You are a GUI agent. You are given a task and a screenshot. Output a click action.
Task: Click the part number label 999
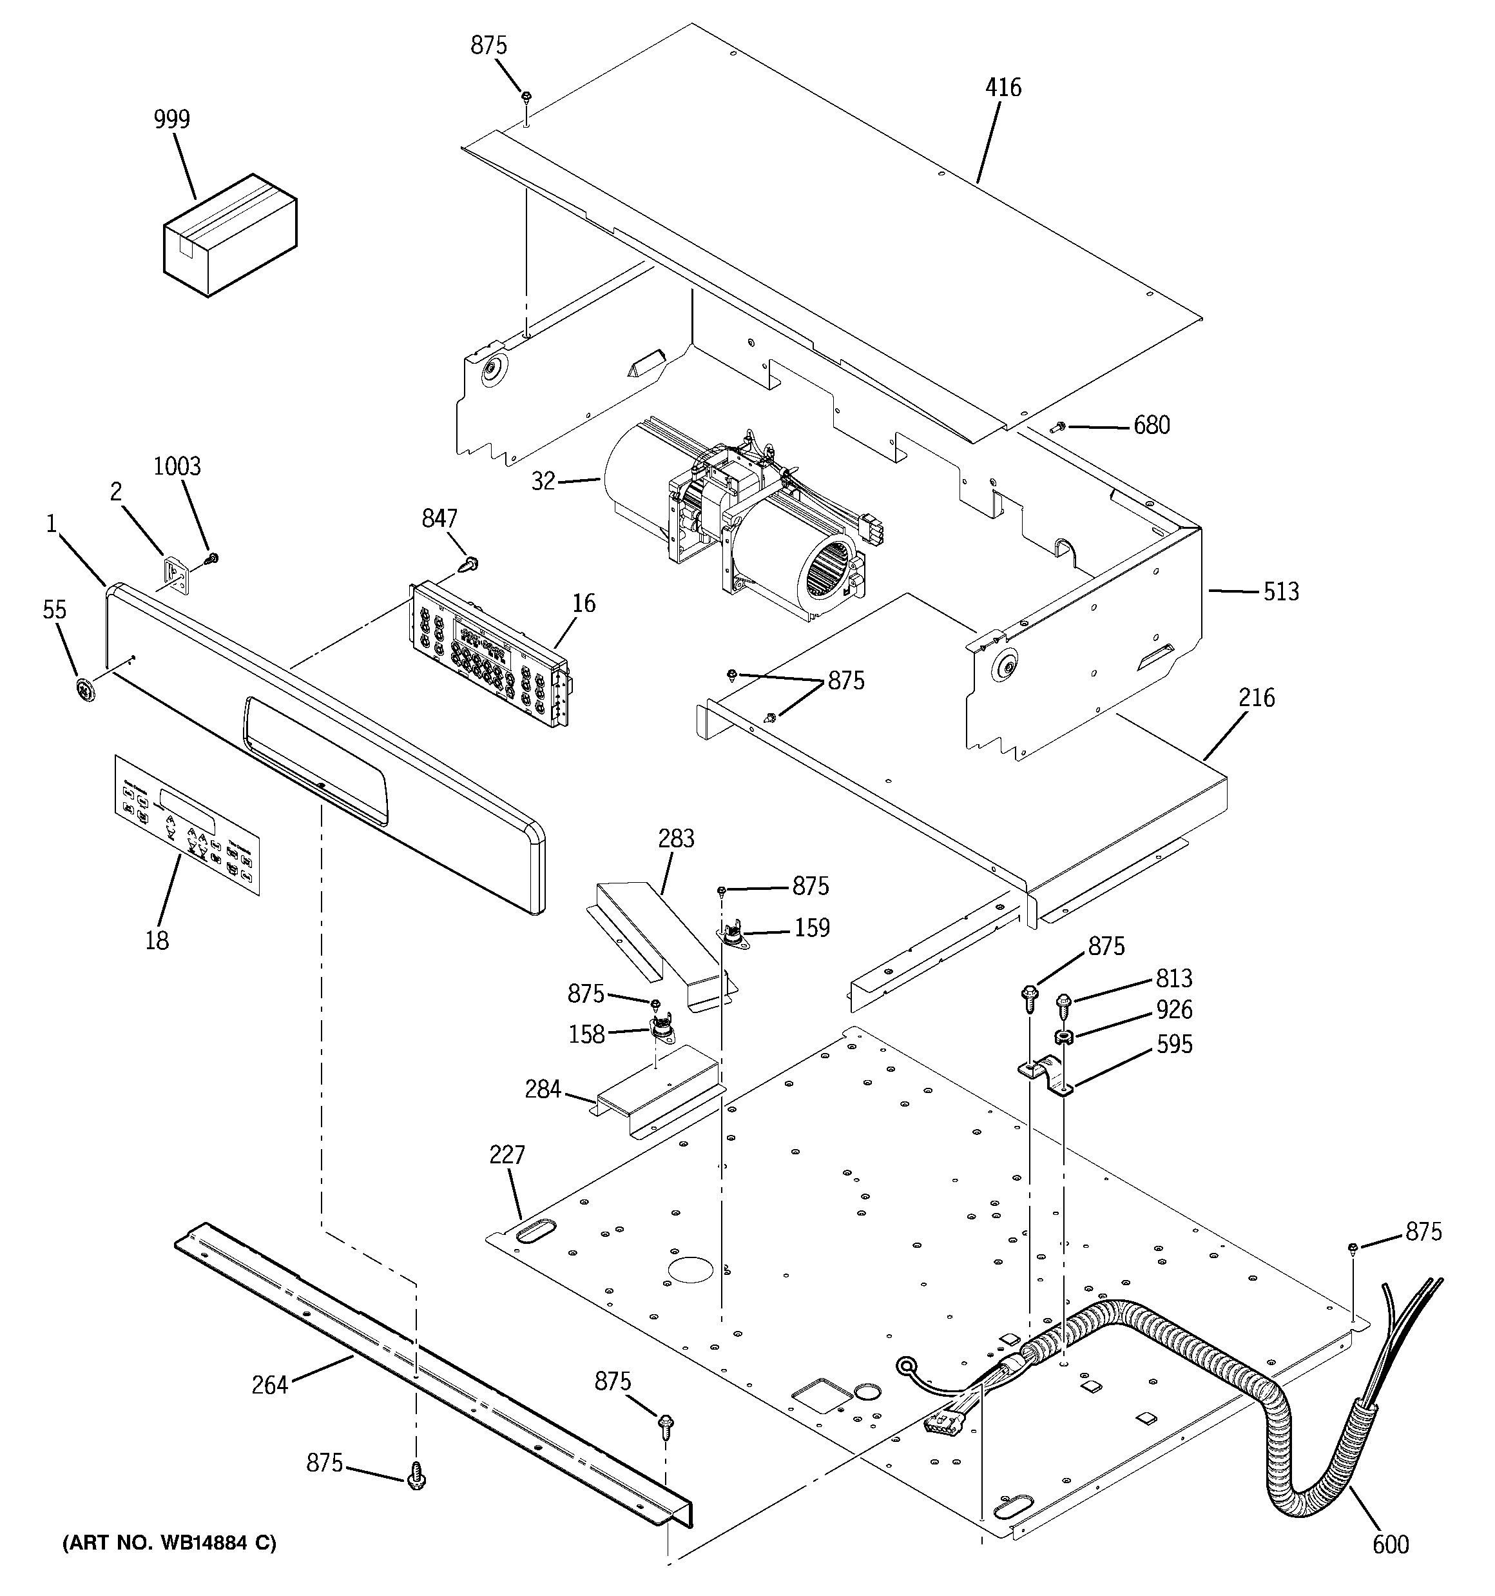coord(171,120)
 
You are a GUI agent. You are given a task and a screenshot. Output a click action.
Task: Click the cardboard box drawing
coord(229,235)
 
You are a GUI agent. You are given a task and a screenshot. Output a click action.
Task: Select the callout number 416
coord(1003,88)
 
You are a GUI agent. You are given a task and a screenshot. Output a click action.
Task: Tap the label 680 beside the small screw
coord(1151,426)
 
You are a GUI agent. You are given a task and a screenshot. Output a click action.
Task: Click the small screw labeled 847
coord(468,564)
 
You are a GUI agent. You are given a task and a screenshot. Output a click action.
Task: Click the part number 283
coord(676,839)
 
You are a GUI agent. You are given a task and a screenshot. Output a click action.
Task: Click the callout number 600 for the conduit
coord(1390,1544)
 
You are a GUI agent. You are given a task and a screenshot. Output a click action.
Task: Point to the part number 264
coord(269,1386)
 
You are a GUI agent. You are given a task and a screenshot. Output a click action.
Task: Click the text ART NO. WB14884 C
coord(169,1543)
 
